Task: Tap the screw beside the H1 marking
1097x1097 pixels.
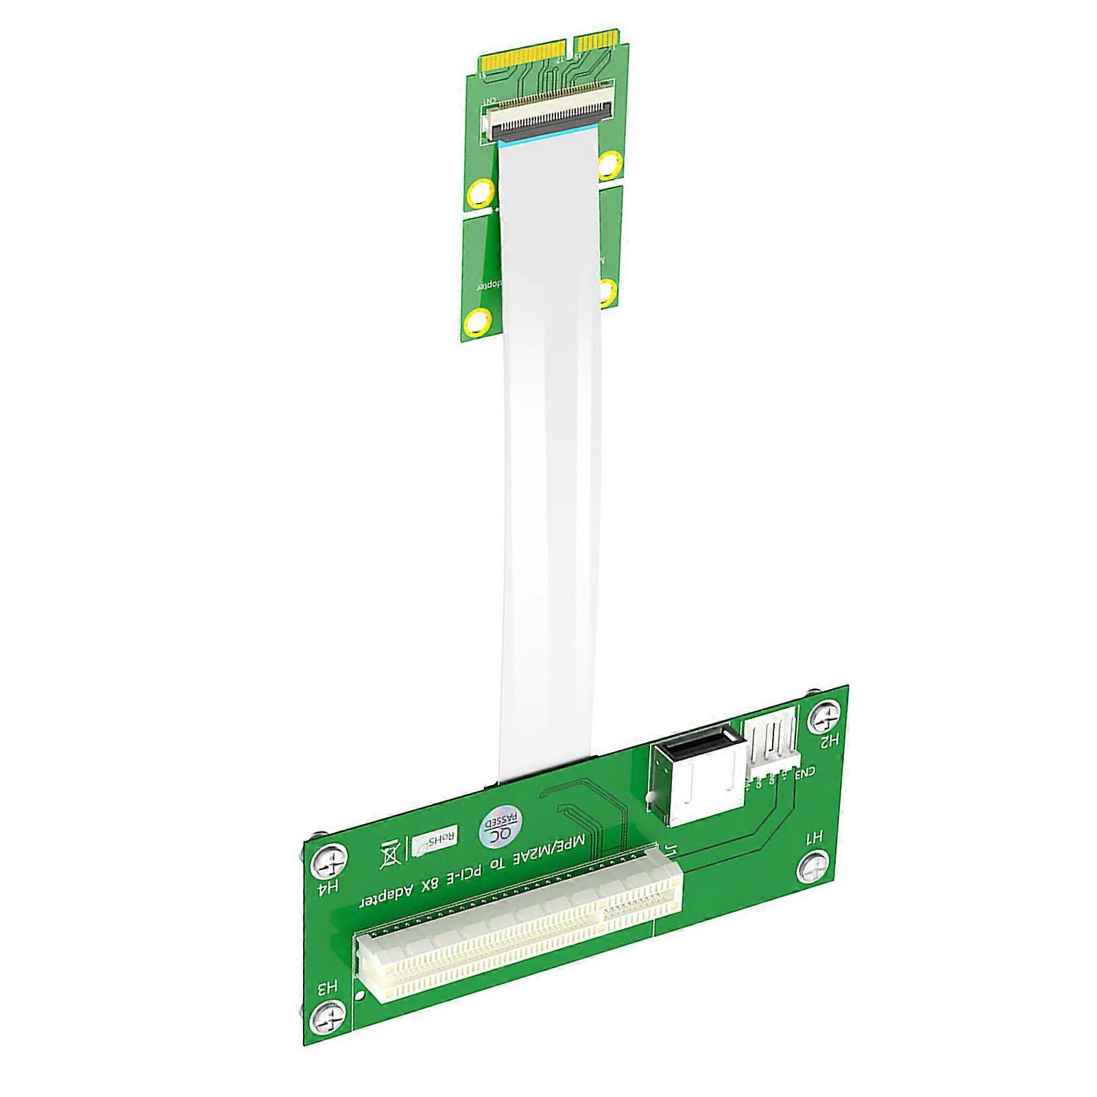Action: [x=815, y=866]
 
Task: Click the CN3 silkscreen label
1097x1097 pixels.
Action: [x=805, y=773]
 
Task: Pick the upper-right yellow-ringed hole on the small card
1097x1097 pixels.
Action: [x=609, y=165]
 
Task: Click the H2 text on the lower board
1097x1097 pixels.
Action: [x=829, y=740]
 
